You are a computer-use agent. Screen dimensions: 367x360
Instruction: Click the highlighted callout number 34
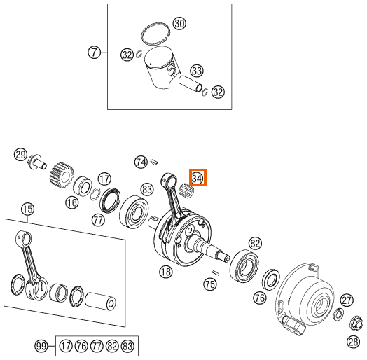click(198, 179)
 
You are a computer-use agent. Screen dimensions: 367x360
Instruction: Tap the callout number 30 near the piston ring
click(179, 24)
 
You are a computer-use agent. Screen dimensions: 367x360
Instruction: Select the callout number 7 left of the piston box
click(94, 53)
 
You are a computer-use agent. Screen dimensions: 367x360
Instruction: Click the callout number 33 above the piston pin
click(197, 71)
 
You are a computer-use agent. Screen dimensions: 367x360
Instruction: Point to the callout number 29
click(20, 155)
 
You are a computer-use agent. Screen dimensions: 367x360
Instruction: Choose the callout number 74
click(141, 162)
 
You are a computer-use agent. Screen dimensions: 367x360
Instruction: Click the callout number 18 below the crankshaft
click(166, 272)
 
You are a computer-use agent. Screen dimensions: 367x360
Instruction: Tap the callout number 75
click(210, 284)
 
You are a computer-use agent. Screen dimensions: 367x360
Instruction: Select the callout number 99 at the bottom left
click(41, 346)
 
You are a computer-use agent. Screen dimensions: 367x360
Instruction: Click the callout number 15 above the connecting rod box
click(27, 209)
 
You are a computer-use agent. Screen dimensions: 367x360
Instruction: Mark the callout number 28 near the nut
click(354, 342)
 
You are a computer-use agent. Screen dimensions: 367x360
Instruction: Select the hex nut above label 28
click(356, 324)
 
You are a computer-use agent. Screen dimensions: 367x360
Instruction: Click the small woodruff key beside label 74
click(155, 162)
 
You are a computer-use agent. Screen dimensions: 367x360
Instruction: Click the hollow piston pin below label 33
click(191, 83)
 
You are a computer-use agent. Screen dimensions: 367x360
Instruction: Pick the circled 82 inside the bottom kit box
click(112, 346)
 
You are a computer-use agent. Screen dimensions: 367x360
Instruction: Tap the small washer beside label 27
click(338, 314)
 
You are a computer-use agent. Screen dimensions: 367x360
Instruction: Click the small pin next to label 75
click(216, 272)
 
